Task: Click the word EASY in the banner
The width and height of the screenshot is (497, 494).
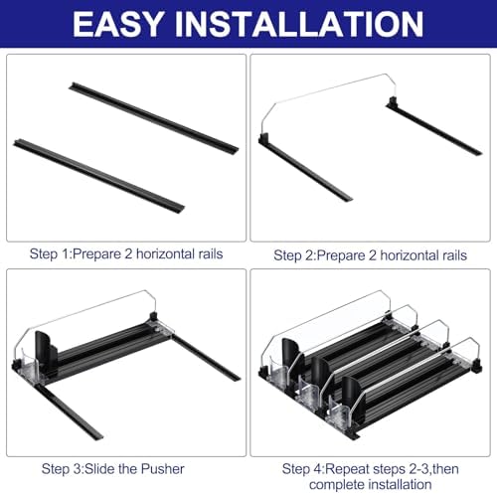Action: point(118,24)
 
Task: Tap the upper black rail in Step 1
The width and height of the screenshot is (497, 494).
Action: point(154,117)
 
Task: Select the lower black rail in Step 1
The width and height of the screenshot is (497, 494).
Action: point(99,176)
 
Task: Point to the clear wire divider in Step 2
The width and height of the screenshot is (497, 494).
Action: point(328,99)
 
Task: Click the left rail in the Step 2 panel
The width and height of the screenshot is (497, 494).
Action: point(305,167)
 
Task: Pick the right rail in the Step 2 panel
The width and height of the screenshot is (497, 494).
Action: point(433,126)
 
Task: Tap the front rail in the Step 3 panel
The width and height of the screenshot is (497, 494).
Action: point(68,412)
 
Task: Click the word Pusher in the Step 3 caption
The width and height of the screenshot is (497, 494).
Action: point(162,469)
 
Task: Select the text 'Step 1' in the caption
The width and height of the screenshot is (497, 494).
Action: point(49,254)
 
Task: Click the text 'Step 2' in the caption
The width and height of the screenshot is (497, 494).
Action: point(293,255)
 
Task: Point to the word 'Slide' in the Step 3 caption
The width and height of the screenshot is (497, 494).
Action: point(100,469)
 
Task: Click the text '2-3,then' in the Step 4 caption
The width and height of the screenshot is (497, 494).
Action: point(433,469)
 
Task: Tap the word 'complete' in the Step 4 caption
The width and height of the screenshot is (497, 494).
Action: point(336,485)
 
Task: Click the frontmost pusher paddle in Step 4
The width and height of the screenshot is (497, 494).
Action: point(351,396)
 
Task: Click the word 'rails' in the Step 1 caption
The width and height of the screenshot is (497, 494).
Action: point(211,254)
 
